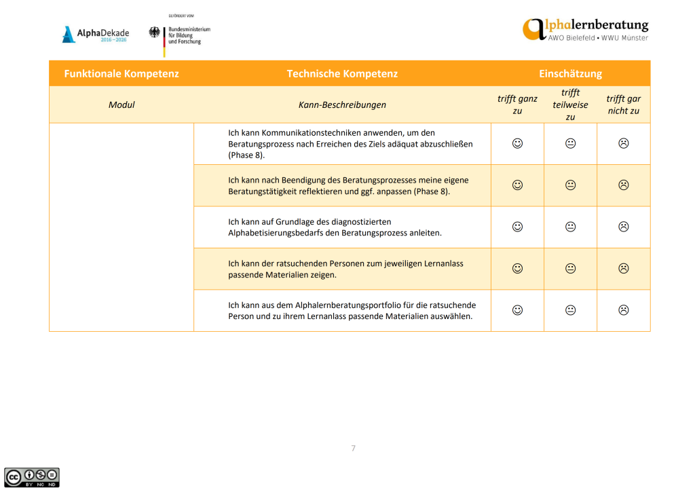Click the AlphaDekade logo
click(95, 35)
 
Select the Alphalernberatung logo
click(585, 29)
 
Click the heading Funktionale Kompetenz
click(121, 73)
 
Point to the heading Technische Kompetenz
click(342, 73)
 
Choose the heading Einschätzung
click(570, 73)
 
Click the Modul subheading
click(121, 105)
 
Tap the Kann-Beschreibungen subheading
click(342, 105)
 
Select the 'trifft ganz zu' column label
click(517, 105)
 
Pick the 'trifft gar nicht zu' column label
click(623, 105)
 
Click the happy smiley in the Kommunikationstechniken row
click(517, 143)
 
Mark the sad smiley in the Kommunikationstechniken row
click(623, 143)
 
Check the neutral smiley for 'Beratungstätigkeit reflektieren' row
click(570, 185)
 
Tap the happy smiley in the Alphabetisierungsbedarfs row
click(517, 227)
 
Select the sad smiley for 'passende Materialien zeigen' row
click(623, 268)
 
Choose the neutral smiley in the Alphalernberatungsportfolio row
click(570, 310)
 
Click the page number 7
click(353, 448)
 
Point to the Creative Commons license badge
click(32, 476)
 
